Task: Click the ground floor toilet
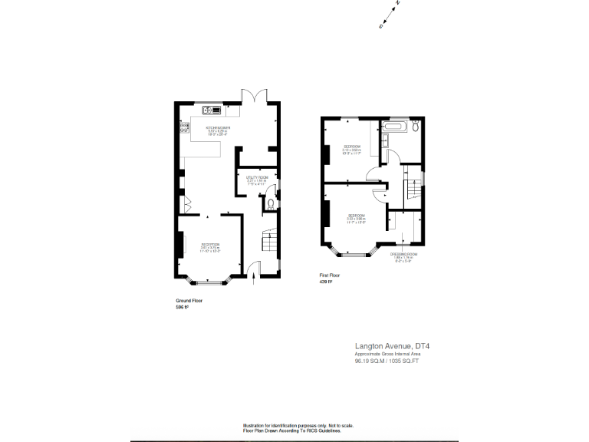tap(270, 204)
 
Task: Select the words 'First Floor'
tap(329, 275)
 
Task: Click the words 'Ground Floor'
tap(189, 301)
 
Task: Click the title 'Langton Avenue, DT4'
tap(392, 346)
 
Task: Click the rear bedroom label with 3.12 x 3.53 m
tap(353, 149)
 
